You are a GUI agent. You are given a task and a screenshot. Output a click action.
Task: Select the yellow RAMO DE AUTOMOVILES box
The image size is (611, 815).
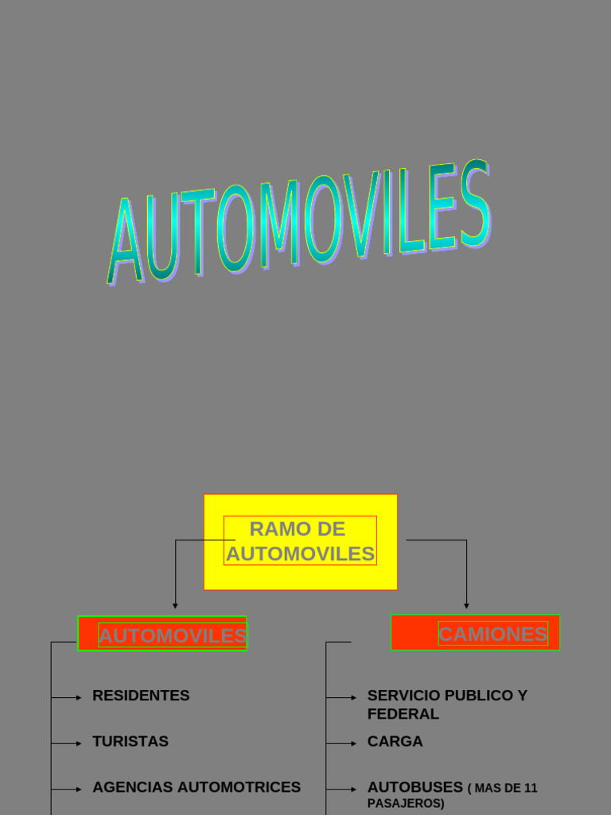pos(300,541)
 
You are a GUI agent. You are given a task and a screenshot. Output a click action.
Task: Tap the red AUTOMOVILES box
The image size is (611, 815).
pos(162,634)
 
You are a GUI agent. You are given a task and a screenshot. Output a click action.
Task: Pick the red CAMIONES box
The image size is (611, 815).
pos(475,633)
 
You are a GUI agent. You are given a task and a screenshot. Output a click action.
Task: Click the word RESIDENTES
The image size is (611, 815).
pos(141,696)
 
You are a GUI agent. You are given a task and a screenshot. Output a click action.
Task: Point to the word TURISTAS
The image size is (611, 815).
pos(130,742)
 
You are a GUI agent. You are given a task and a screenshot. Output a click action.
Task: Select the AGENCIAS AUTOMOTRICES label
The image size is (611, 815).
pos(197,787)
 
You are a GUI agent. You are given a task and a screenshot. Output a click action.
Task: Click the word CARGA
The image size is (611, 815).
pos(395,742)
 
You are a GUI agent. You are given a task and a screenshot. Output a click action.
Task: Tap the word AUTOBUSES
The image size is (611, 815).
pos(414,787)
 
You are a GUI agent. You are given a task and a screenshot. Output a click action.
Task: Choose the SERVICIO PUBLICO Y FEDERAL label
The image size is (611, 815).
pos(446,704)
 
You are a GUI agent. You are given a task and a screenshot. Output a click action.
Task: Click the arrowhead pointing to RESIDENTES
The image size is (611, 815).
pos(79,698)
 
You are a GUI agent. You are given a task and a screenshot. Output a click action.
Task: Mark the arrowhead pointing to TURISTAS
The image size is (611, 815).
pos(79,743)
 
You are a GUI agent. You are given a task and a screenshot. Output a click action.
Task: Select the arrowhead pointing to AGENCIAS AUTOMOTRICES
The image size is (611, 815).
pos(79,790)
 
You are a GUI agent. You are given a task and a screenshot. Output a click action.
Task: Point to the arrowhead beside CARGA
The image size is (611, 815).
pos(353,743)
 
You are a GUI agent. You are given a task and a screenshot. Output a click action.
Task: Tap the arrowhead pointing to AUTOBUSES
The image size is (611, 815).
pos(353,790)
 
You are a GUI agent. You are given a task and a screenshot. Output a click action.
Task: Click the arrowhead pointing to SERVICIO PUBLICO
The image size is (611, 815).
pos(353,698)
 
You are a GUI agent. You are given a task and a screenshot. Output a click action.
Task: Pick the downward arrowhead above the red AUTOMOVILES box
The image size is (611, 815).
pos(175,606)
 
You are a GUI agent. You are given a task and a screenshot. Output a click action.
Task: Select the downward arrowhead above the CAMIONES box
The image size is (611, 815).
pos(466,606)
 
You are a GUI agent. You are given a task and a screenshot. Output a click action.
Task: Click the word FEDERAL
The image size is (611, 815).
pos(403,714)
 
